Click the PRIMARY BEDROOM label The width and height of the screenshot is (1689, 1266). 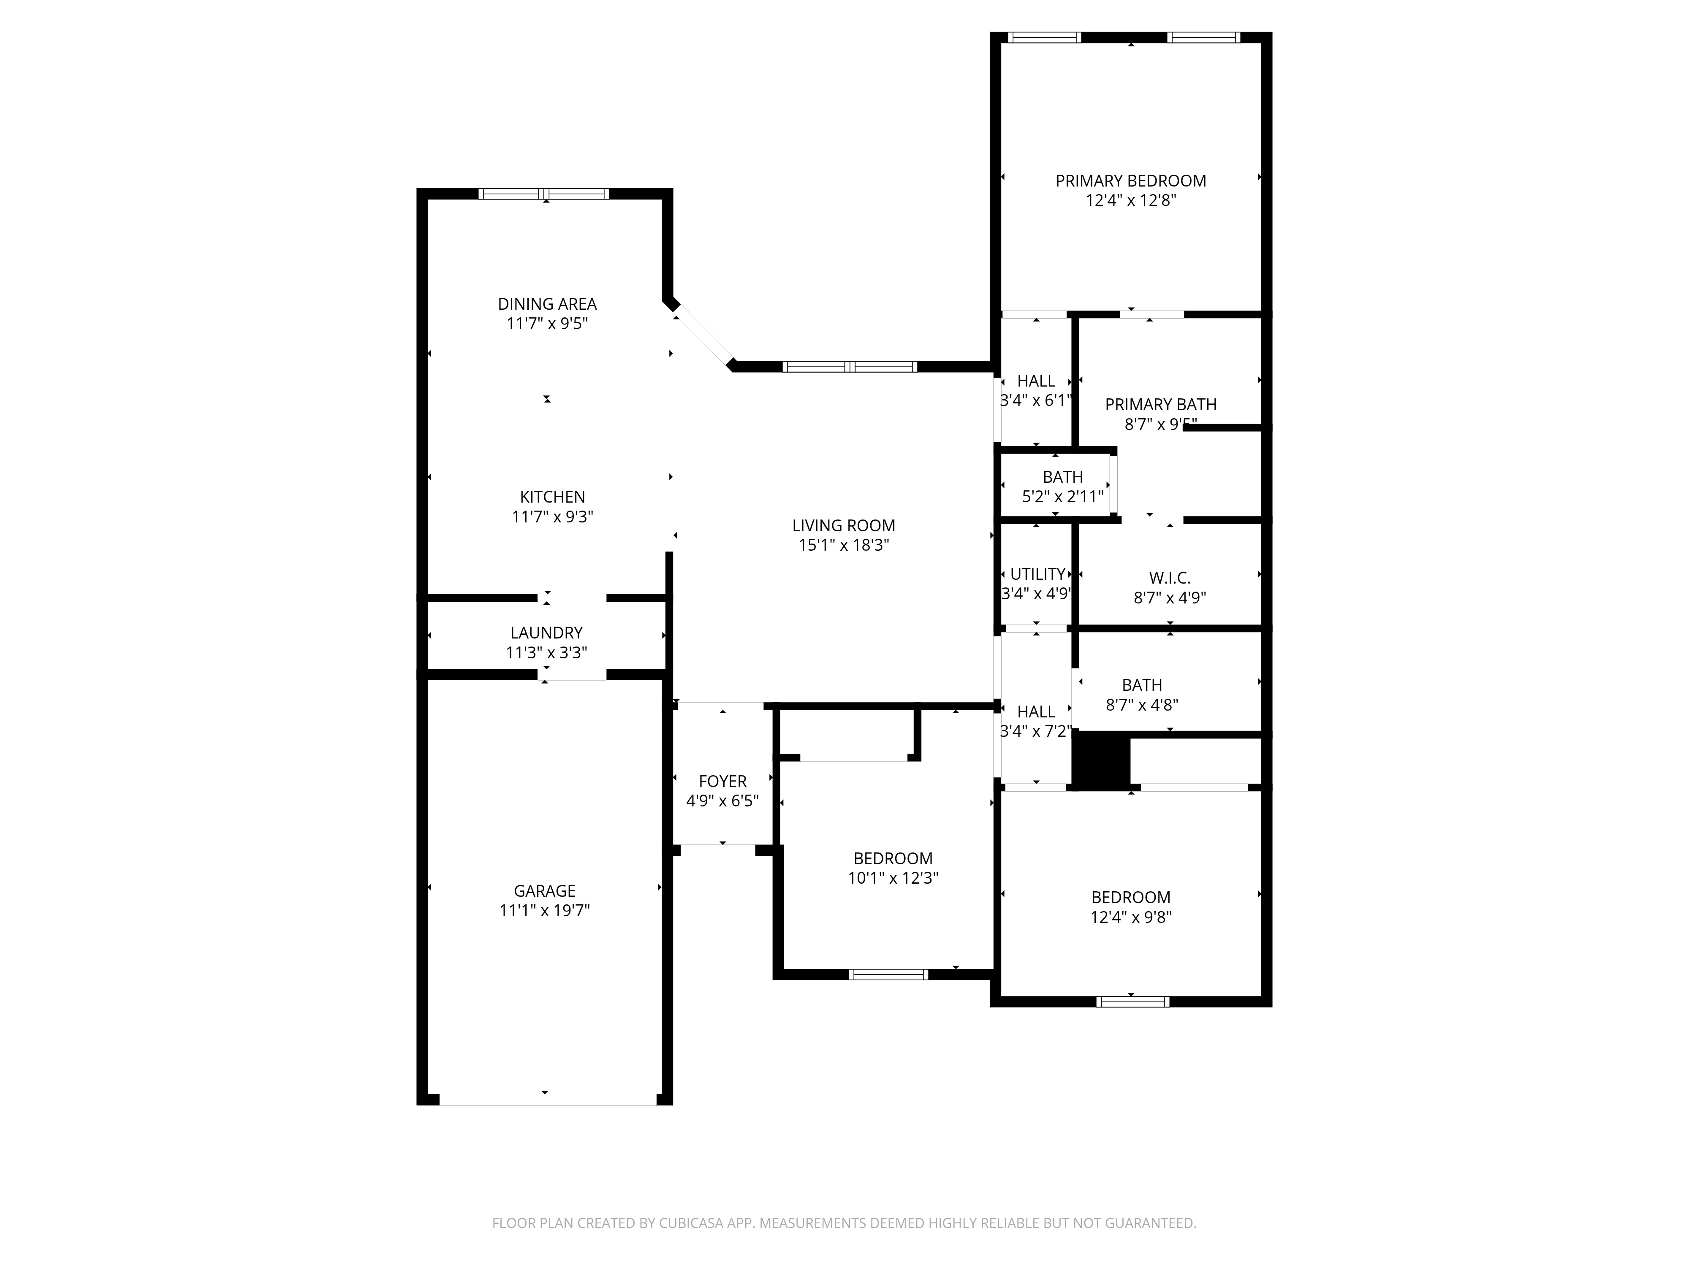click(x=1131, y=181)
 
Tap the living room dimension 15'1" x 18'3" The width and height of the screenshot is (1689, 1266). click(x=844, y=545)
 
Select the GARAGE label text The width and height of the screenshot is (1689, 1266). click(x=544, y=890)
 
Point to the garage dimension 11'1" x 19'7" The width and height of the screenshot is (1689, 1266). click(x=544, y=910)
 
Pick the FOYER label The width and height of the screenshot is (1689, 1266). click(x=722, y=782)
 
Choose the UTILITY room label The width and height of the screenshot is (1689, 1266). click(x=1038, y=574)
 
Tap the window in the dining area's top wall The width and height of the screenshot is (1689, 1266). click(x=544, y=194)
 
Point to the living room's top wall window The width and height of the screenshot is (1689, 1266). click(x=850, y=366)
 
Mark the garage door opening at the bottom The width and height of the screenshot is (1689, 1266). click(x=548, y=1100)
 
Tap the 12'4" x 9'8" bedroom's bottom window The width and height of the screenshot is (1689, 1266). click(x=1132, y=1002)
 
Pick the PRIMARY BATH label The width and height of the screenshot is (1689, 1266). click(x=1161, y=404)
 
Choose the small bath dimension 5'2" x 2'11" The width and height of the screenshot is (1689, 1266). click(x=1063, y=497)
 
